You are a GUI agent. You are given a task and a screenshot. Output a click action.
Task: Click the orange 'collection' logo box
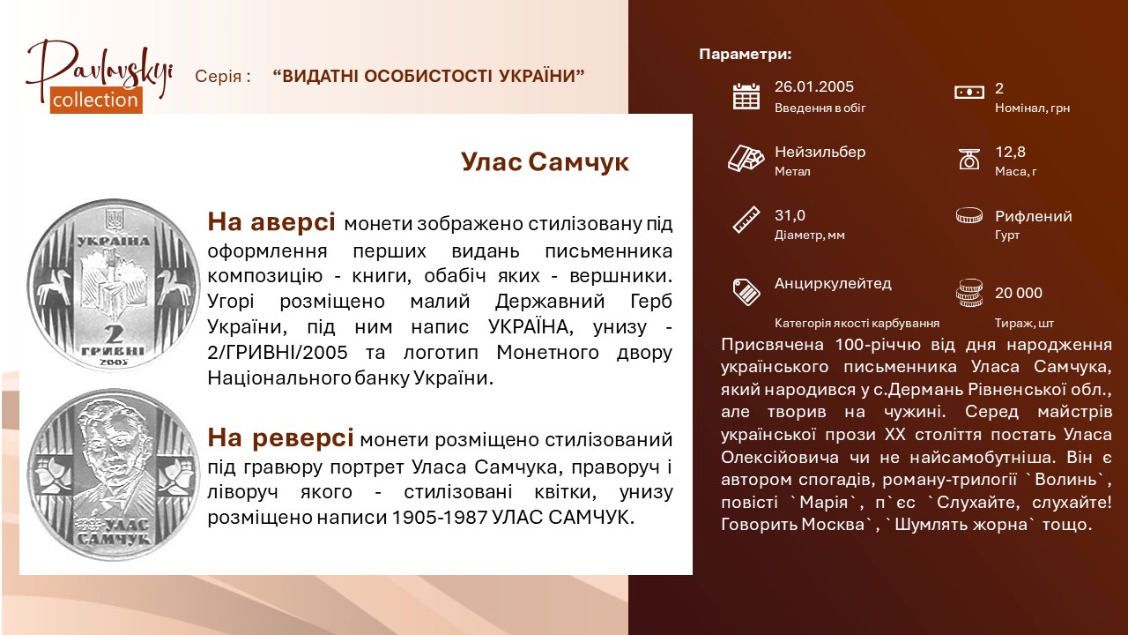96,100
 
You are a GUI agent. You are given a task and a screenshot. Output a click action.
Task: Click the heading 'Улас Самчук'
545,162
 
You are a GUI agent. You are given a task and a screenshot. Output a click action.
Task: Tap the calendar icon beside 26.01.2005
746,96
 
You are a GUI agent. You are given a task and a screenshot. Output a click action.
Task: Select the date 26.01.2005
813,86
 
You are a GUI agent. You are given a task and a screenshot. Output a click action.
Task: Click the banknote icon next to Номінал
968,93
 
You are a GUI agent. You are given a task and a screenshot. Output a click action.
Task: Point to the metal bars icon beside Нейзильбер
746,158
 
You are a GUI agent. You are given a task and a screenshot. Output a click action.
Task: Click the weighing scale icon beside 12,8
968,160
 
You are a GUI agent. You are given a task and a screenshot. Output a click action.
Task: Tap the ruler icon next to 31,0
746,220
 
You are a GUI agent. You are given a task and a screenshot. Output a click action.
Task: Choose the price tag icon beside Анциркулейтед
746,292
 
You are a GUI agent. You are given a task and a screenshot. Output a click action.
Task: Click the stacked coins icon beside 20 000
968,293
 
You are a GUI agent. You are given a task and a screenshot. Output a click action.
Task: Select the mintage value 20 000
1018,293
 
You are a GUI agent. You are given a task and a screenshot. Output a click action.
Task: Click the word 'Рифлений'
1034,216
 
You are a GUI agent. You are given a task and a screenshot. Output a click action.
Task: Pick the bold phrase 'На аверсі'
271,221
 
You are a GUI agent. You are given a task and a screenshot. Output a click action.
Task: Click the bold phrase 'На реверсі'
280,437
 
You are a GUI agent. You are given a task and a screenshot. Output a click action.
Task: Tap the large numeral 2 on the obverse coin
114,334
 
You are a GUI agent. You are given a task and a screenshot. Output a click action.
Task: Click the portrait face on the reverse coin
115,446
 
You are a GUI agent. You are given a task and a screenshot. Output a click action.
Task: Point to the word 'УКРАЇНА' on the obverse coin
114,242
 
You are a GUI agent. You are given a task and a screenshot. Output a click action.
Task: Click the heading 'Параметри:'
746,55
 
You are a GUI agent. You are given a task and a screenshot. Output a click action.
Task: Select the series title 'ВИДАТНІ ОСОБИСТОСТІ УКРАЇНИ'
428,76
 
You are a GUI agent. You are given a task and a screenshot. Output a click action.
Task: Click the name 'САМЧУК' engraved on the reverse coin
114,539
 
